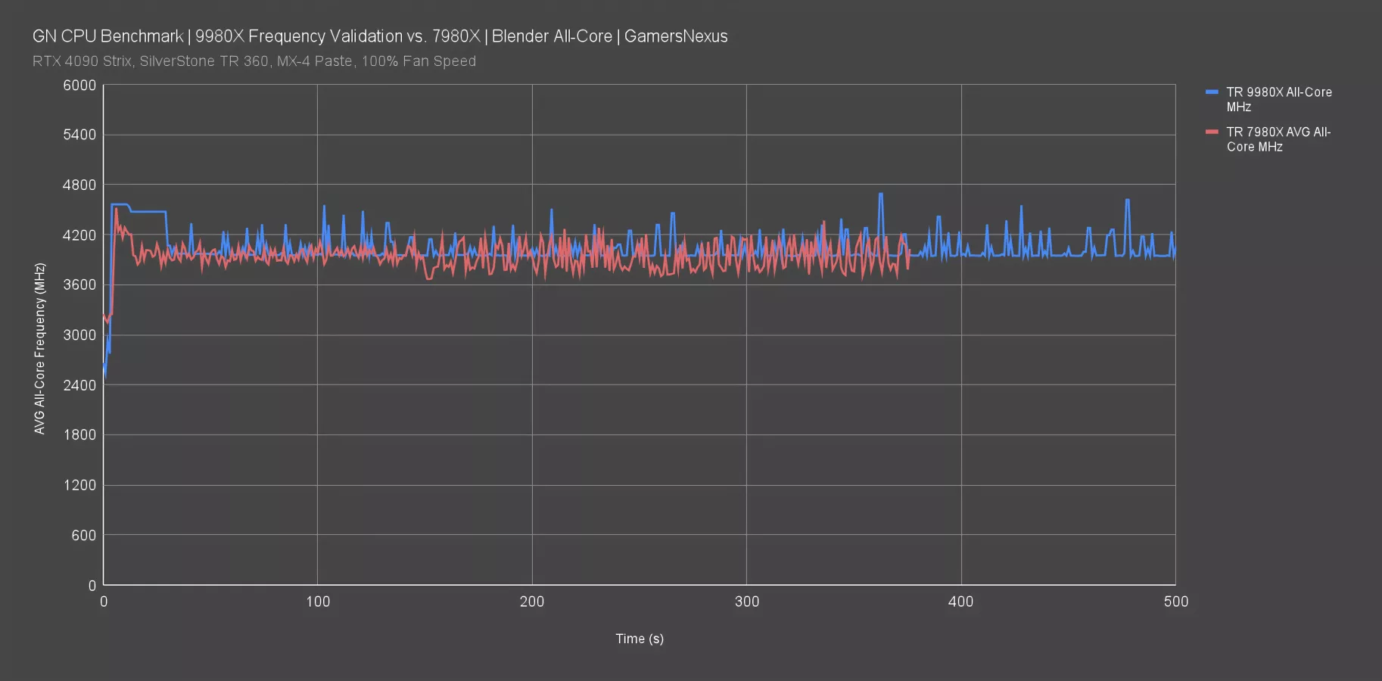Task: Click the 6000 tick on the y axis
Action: point(79,86)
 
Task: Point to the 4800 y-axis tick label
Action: point(79,185)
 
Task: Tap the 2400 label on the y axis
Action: point(79,385)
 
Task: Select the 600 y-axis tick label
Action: point(84,536)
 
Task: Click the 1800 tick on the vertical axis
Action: point(79,435)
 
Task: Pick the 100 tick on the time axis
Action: point(318,602)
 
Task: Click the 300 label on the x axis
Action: point(747,602)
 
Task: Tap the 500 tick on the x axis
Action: point(1175,602)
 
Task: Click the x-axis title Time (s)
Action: point(640,639)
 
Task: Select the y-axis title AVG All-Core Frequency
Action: point(40,348)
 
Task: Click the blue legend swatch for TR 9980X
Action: point(1212,92)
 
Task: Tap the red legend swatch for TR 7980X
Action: point(1212,132)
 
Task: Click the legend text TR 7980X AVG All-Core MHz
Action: point(1278,139)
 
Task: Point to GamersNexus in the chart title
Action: point(676,36)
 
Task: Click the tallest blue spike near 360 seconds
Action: point(880,194)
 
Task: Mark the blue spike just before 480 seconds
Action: point(1128,201)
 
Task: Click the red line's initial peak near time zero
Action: point(116,210)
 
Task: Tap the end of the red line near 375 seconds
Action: point(908,268)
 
